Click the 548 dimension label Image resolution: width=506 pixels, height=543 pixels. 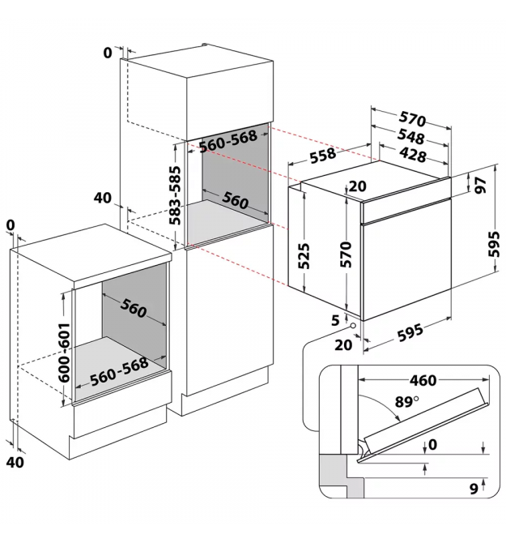tap(410, 136)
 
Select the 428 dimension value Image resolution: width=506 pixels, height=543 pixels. tap(411, 155)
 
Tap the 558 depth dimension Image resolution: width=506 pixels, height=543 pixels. tap(323, 155)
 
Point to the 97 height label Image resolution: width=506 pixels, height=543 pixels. tap(481, 186)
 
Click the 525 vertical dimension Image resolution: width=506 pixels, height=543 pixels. tap(304, 256)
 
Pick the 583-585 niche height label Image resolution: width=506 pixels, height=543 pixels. tap(176, 195)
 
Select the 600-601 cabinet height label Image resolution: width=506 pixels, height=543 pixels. tap(64, 353)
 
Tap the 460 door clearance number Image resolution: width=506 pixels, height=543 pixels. tap(423, 381)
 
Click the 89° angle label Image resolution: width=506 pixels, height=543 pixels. tap(406, 402)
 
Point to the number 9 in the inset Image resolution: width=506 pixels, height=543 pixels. tap(474, 488)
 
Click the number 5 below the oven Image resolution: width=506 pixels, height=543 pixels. tap(335, 320)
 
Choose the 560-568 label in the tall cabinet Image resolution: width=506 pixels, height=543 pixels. tap(228, 141)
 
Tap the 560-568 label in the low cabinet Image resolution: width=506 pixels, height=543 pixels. tap(119, 371)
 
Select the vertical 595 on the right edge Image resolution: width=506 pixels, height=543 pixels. tap(494, 244)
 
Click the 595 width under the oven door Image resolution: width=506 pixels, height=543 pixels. tap(410, 332)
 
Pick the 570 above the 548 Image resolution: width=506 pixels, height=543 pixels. tap(412, 118)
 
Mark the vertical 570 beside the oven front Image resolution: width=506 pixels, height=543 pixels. tap(346, 254)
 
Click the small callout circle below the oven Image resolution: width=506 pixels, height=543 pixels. tap(353, 326)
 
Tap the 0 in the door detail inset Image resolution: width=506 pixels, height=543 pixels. tap(432, 445)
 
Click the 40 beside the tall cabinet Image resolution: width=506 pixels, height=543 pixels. tap(103, 198)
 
